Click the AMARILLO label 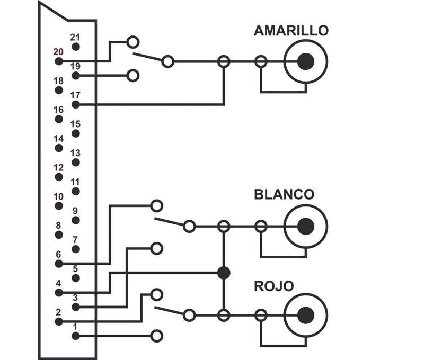(291, 31)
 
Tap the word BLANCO (284, 194)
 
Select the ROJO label (274, 286)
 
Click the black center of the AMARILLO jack (306, 61)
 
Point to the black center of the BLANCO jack (306, 226)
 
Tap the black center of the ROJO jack (306, 315)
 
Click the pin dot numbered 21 (76, 47)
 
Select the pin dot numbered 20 (59, 61)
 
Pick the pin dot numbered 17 (76, 104)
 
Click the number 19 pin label (75, 66)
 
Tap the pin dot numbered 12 (59, 177)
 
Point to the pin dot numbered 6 (59, 264)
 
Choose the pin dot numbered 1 (76, 336)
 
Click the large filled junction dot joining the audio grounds (224, 273)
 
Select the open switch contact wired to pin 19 (133, 76)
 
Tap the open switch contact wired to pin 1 (156, 336)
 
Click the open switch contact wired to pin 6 (156, 206)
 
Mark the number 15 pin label (75, 124)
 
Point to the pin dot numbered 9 (76, 220)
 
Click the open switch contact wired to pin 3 (156, 248)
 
